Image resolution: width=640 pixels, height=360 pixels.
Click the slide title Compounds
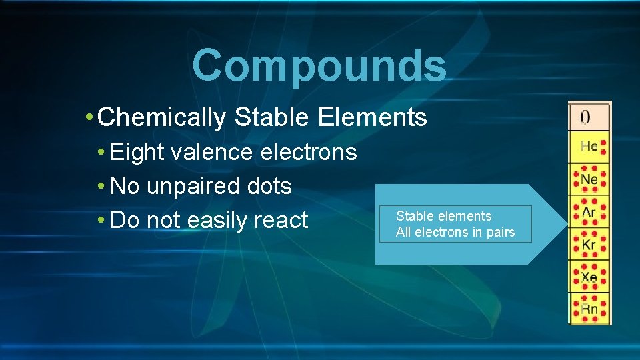[319, 66]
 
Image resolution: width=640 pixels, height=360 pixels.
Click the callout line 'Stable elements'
[443, 216]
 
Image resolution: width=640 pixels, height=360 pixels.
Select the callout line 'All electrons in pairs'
[455, 232]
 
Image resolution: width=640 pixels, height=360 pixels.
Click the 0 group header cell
[585, 117]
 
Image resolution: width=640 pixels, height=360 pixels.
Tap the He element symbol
[589, 146]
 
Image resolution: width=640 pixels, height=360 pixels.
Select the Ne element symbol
[589, 179]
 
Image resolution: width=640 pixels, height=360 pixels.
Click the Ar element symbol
[589, 212]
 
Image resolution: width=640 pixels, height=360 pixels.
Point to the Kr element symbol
[589, 245]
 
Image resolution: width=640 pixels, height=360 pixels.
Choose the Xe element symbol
[589, 277]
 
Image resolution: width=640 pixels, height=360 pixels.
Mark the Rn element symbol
[589, 309]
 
